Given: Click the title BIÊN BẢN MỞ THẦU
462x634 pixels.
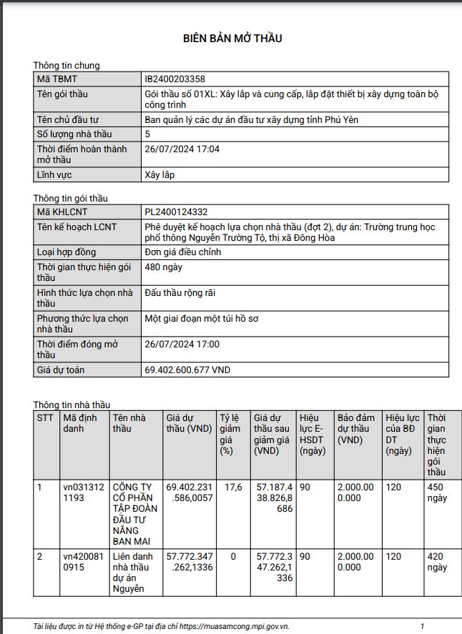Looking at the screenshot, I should (232, 38).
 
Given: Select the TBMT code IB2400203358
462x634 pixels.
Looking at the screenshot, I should (175, 79).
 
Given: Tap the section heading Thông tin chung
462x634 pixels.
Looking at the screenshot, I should (67, 66).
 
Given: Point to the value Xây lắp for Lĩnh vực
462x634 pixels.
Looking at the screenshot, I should (159, 174).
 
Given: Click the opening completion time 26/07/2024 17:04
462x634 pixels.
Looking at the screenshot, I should (182, 149).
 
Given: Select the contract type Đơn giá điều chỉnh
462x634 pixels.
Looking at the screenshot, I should (182, 252).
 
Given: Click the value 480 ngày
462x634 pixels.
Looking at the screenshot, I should (163, 267).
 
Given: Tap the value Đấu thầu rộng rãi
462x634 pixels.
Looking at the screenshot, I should (180, 292).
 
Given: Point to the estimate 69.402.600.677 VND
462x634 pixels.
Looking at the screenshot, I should (187, 370).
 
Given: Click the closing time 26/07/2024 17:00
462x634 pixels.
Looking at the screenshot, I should (182, 344).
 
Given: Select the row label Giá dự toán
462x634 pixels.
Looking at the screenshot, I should (61, 370).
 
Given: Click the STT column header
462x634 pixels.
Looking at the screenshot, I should (45, 417).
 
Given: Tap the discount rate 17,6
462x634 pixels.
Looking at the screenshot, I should (233, 487).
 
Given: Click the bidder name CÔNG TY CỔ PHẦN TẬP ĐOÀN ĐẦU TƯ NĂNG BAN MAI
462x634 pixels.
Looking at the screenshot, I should (134, 514).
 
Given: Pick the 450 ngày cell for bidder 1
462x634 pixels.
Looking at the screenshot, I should (436, 492).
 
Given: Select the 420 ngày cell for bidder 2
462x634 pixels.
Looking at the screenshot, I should (436, 562).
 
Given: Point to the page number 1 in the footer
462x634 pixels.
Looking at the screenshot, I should (423, 626).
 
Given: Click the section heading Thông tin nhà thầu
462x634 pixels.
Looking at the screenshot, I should (72, 405).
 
